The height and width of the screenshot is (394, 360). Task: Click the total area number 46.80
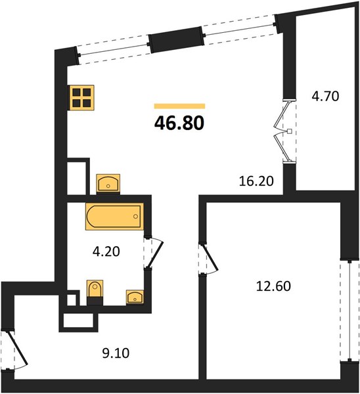179,123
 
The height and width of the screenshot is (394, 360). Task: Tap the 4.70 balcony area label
325,96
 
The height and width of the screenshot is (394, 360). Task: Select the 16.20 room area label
256,181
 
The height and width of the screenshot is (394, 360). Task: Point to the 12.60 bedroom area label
273,286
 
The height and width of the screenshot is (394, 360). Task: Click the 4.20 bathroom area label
106,252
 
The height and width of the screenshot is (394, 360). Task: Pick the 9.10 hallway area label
116,353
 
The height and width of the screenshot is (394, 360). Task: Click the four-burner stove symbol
81,97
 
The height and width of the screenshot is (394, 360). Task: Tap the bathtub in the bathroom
114,216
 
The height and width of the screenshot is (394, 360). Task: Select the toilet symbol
95,290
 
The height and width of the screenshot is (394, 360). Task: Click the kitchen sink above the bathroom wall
108,183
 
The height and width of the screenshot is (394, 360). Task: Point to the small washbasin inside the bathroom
135,297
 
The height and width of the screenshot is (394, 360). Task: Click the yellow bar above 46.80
179,106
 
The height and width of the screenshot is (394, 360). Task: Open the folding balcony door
284,131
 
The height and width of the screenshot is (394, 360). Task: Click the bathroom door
154,252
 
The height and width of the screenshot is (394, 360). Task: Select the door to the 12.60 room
209,259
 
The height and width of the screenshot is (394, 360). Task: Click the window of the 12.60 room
349,311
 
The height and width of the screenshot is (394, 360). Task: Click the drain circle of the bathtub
136,216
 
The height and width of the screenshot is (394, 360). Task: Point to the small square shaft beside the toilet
72,299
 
